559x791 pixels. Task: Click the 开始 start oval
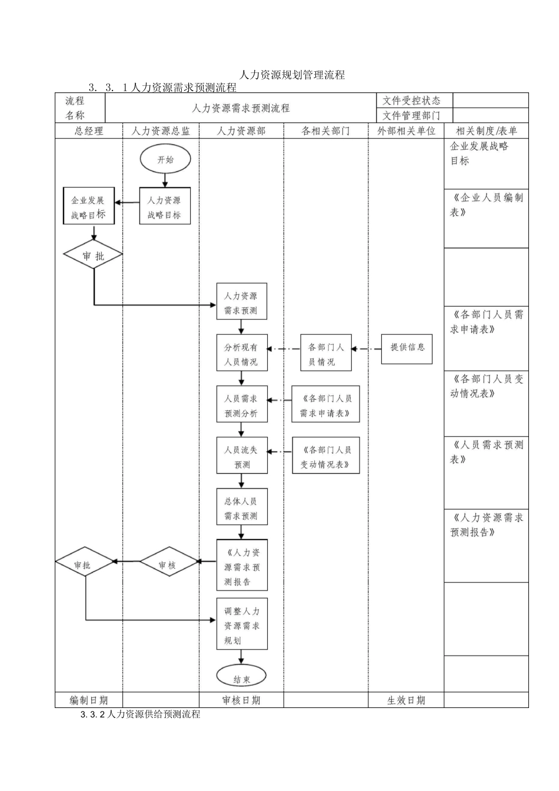click(165, 159)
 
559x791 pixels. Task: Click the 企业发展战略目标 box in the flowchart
click(89, 206)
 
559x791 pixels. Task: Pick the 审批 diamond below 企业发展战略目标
click(93, 255)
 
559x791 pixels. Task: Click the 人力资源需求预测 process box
click(242, 303)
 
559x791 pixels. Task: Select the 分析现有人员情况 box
click(242, 354)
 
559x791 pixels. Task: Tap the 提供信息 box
click(407, 348)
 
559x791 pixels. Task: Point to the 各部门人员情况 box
click(326, 354)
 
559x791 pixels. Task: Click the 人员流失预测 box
click(242, 456)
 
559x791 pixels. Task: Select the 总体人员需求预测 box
click(242, 507)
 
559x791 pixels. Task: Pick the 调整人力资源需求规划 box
click(242, 624)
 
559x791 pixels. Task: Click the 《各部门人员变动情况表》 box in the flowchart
click(326, 456)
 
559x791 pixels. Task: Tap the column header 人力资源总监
click(161, 131)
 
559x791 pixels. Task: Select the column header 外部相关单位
click(406, 131)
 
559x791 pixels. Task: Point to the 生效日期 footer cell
click(406, 700)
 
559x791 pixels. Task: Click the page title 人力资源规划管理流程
click(292, 75)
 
